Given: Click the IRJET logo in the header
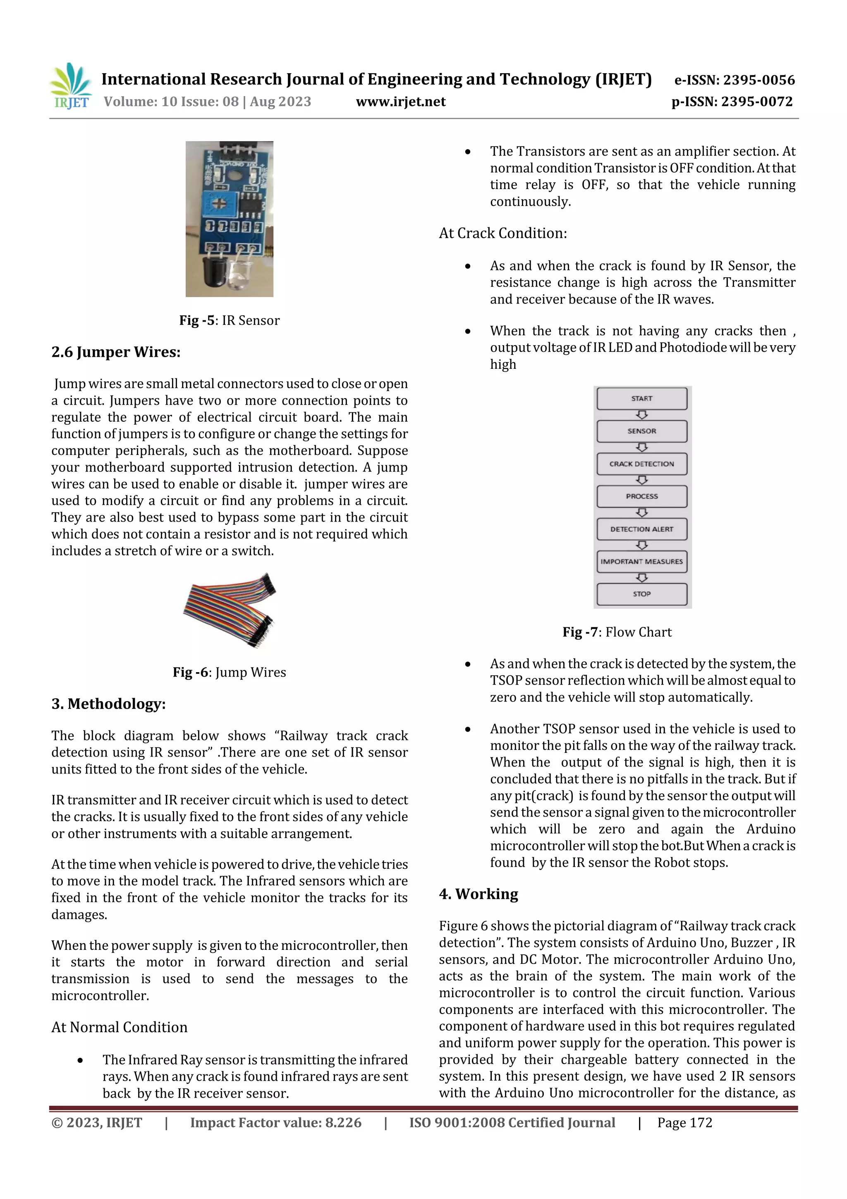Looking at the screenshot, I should (x=70, y=86).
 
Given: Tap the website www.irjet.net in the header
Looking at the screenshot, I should (x=400, y=102).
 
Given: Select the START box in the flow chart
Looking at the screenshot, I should (x=641, y=399).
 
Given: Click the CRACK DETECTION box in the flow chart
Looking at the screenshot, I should (x=641, y=464).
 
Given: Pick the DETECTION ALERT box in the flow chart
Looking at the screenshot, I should (x=641, y=529).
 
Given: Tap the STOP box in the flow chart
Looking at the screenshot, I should (x=641, y=594).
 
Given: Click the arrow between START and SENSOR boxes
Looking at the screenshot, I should (x=642, y=415).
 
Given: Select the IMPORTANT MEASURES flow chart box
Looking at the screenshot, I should (x=641, y=561).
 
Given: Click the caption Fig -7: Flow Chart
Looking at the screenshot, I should (x=617, y=632).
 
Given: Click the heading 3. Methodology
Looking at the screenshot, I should (x=108, y=704).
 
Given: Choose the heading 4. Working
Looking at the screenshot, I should (x=479, y=894).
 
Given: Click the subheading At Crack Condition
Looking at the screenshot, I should (x=502, y=233).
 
